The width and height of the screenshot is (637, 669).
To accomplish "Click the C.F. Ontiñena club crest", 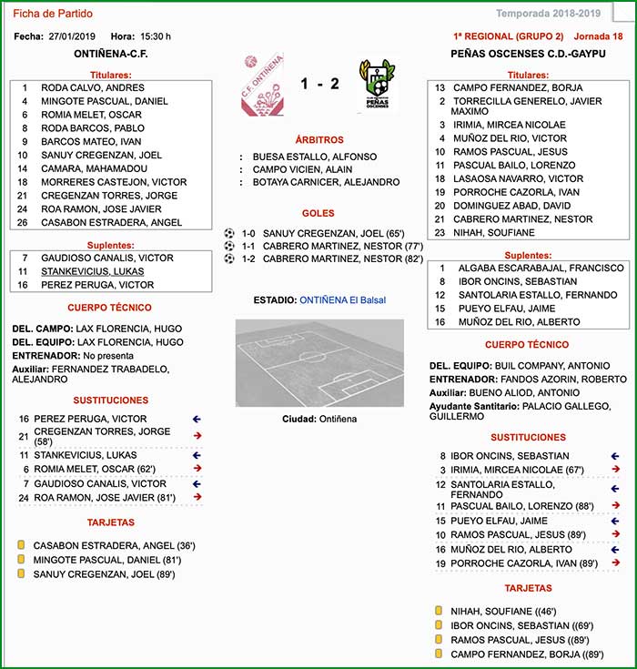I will pos(261,86).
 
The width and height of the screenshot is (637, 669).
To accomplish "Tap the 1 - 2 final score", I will pos(320,84).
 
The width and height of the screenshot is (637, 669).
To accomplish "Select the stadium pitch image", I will pos(318,362).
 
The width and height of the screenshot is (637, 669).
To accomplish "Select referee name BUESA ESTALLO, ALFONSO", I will pos(315,157).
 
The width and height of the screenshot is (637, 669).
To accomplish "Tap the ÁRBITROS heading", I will pos(319,140).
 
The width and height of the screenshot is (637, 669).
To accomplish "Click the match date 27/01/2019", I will pos(72,36).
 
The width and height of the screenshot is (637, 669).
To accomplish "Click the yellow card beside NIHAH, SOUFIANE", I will pos(439,611).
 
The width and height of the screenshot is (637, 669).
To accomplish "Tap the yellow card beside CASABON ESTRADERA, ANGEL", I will pos(20,545).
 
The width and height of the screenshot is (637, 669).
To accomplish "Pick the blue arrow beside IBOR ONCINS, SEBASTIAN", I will pos(616,455).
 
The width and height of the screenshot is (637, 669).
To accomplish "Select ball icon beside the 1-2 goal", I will pos(229,258).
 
